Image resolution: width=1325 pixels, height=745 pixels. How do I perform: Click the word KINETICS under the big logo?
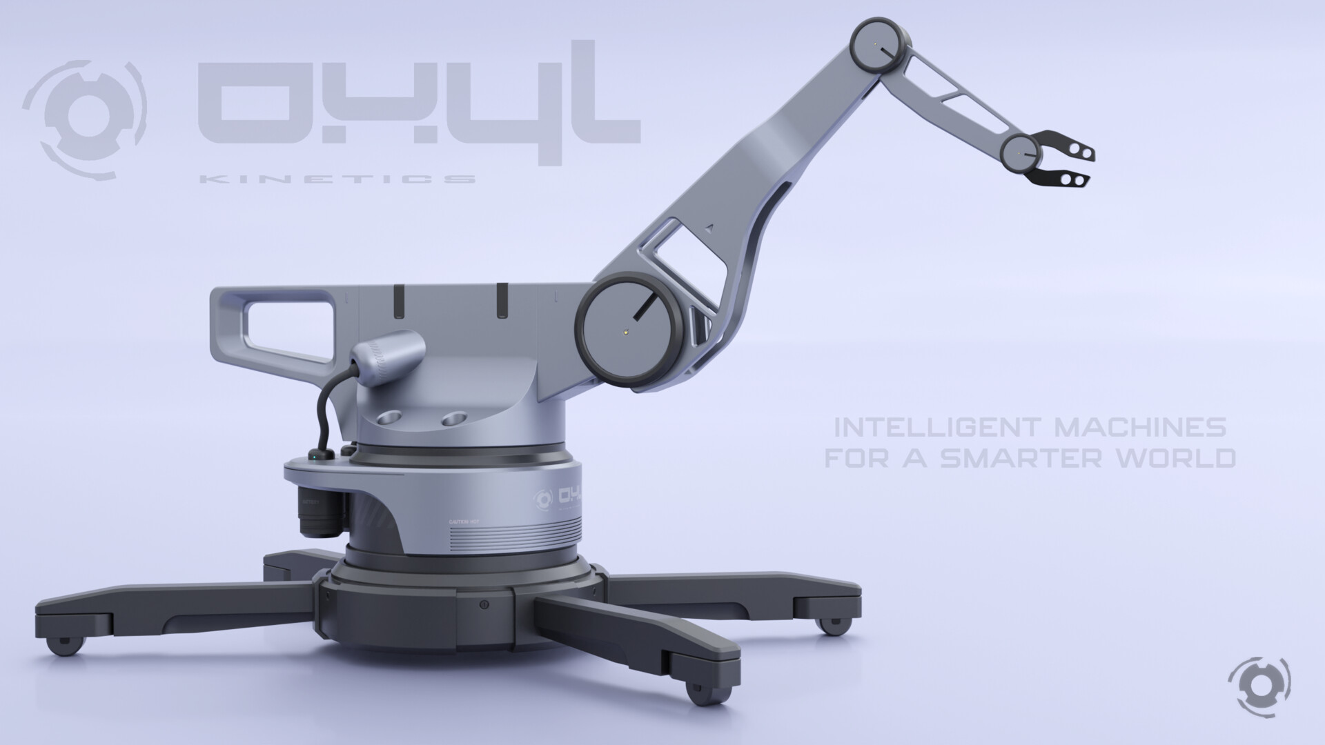click(x=337, y=179)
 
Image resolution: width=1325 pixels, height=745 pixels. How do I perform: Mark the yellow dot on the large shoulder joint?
click(x=625, y=331)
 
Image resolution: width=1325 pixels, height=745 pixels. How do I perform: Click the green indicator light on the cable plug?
click(x=315, y=455)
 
